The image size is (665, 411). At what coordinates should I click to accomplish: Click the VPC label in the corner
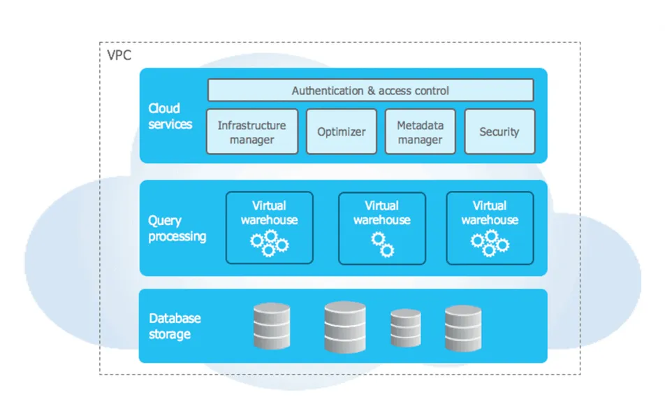(x=119, y=55)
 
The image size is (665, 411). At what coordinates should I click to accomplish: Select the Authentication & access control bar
(x=370, y=90)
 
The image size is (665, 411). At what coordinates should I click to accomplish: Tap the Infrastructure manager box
(x=251, y=131)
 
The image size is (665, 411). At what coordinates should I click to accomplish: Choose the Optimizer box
(x=341, y=131)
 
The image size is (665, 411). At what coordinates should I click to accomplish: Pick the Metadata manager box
(x=420, y=131)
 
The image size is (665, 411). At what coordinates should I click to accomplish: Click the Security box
(x=499, y=131)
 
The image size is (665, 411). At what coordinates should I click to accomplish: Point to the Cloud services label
(x=170, y=116)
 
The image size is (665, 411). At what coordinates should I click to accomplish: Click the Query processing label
(x=177, y=229)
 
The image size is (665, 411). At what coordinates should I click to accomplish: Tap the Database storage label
(x=175, y=326)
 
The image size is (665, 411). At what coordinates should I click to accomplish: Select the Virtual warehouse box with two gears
(x=381, y=229)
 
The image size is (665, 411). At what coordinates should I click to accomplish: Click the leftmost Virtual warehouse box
(x=269, y=228)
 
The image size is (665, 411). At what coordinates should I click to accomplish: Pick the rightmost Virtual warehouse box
(x=490, y=229)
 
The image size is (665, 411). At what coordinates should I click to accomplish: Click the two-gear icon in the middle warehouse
(x=382, y=245)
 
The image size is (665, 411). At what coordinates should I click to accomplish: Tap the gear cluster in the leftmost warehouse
(x=269, y=243)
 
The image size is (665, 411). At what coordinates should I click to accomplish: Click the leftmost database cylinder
(x=272, y=326)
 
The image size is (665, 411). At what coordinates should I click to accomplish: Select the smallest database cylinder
(x=405, y=328)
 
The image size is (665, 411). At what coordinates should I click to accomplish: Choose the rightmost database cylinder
(x=463, y=327)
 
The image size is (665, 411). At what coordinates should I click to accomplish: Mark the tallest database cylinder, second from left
(x=345, y=326)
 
